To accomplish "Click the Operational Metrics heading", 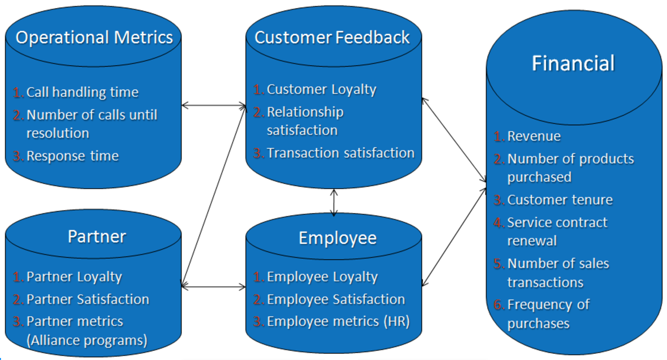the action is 94,38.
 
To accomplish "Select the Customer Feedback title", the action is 332,38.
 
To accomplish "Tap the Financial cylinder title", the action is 573,63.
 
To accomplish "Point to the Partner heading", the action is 97,237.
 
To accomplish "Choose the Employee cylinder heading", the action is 338,238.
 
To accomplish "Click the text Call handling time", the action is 83,92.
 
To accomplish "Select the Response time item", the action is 72,156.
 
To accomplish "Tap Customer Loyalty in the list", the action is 322,90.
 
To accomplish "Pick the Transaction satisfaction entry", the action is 341,153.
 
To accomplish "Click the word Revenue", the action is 534,136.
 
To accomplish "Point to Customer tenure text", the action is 560,200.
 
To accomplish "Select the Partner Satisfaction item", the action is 88,299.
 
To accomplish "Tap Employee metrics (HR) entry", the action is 338,322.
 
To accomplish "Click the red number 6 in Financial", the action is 499,304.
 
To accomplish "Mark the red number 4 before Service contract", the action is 499,223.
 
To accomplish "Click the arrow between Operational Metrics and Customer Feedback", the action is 214,106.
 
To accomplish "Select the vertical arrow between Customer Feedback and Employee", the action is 334,202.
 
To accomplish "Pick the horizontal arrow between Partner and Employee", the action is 214,287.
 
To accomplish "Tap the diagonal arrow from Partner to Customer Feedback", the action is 214,196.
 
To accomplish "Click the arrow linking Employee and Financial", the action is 454,237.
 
